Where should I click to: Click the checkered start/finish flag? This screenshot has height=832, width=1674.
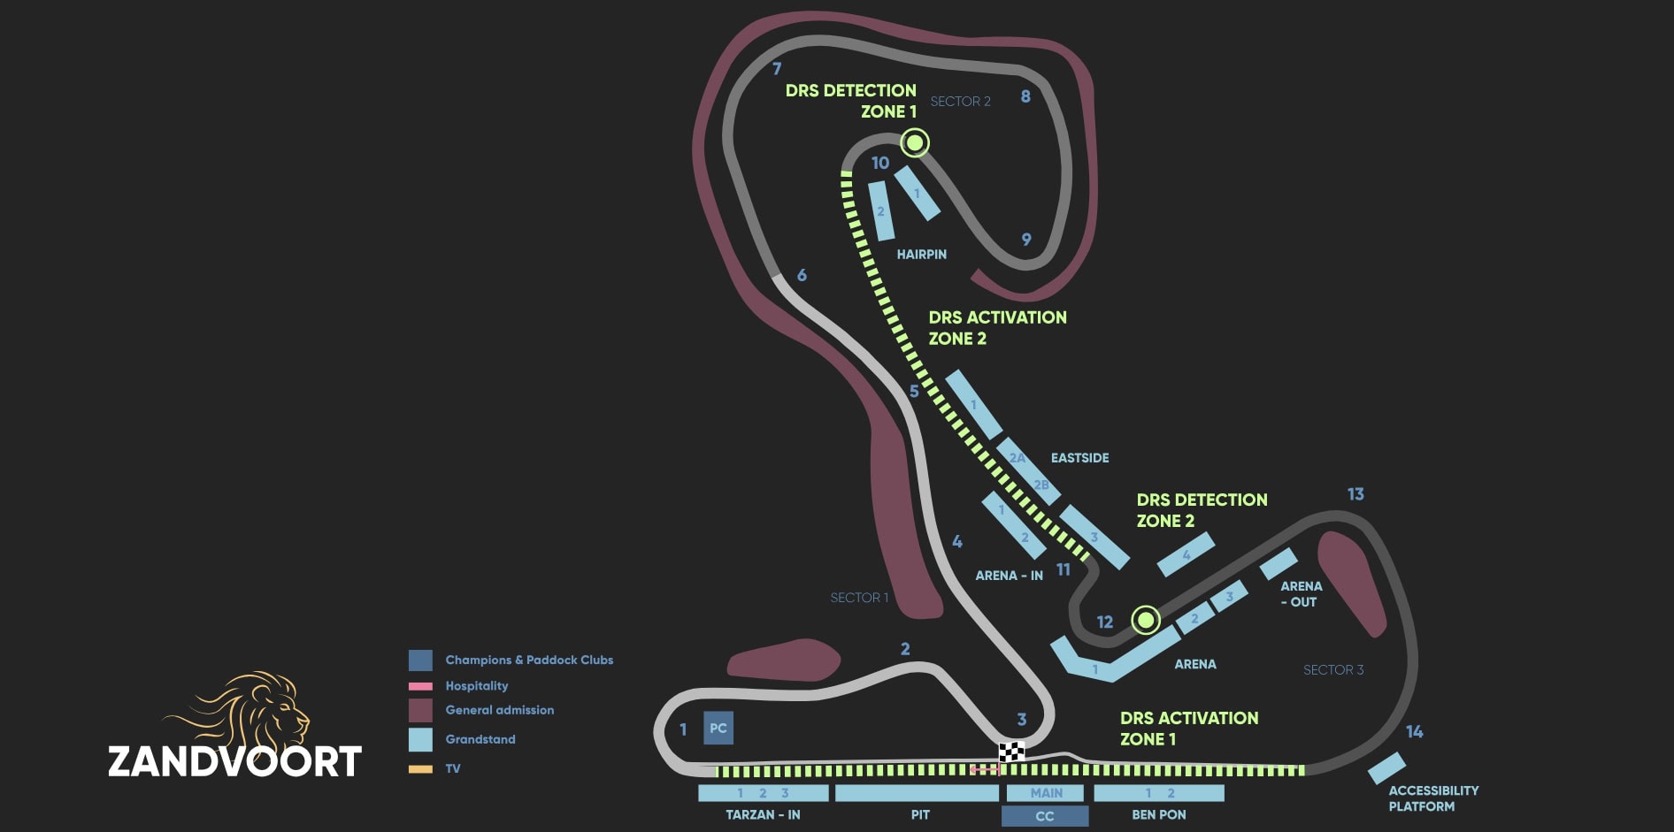[1011, 752]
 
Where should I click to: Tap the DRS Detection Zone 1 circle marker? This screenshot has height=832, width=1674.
[915, 141]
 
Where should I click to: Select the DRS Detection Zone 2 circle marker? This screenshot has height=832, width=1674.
[1146, 620]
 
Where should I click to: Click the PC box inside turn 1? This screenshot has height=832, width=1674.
[718, 729]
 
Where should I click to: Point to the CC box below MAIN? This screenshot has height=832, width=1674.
[1045, 816]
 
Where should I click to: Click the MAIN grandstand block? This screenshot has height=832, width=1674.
[1046, 793]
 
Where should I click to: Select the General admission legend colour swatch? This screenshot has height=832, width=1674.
[420, 710]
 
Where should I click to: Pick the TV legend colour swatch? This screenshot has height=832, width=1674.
[420, 769]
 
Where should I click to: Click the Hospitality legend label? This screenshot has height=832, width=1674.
[477, 686]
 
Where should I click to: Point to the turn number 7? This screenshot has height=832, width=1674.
[777, 68]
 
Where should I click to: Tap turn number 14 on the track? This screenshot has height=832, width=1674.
[1414, 731]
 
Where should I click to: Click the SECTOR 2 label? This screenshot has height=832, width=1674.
[960, 102]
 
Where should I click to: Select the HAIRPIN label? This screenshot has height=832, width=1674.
[921, 255]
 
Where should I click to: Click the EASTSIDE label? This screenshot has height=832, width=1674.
[1079, 458]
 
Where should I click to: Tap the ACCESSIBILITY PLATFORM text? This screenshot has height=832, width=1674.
[1433, 798]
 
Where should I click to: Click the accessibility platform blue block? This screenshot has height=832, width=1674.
[1386, 767]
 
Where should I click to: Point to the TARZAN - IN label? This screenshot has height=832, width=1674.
[763, 815]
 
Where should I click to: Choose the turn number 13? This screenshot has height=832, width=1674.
[1355, 494]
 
